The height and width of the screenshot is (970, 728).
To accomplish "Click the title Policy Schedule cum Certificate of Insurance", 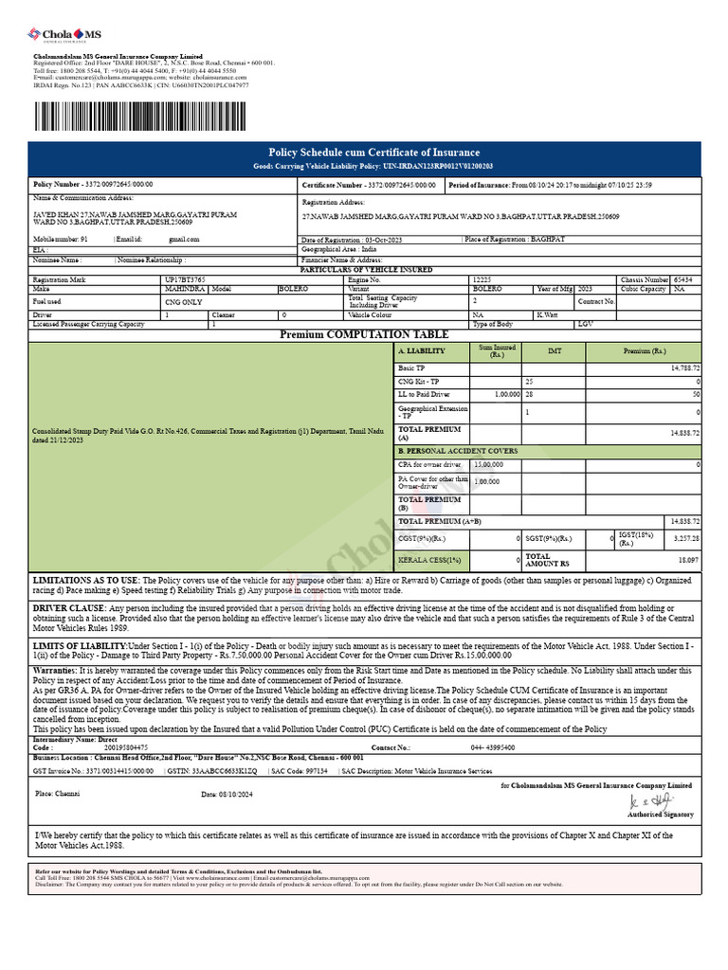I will [x=374, y=153].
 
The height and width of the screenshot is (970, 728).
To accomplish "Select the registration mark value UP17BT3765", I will [x=185, y=280].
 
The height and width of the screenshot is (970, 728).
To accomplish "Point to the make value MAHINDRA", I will [x=183, y=289].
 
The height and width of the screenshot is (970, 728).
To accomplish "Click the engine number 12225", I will [x=482, y=280].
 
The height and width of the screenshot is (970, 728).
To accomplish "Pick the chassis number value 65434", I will [x=682, y=280].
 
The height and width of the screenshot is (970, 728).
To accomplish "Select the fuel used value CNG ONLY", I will [x=184, y=301].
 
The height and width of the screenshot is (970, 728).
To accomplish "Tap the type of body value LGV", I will [x=586, y=324].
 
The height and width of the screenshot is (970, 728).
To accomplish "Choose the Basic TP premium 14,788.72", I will [x=684, y=368].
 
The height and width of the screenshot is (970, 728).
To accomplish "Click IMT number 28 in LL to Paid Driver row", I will [x=530, y=393].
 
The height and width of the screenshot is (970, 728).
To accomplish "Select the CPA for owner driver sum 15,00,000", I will [x=488, y=465].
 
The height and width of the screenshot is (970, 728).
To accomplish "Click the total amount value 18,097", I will [x=689, y=561].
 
